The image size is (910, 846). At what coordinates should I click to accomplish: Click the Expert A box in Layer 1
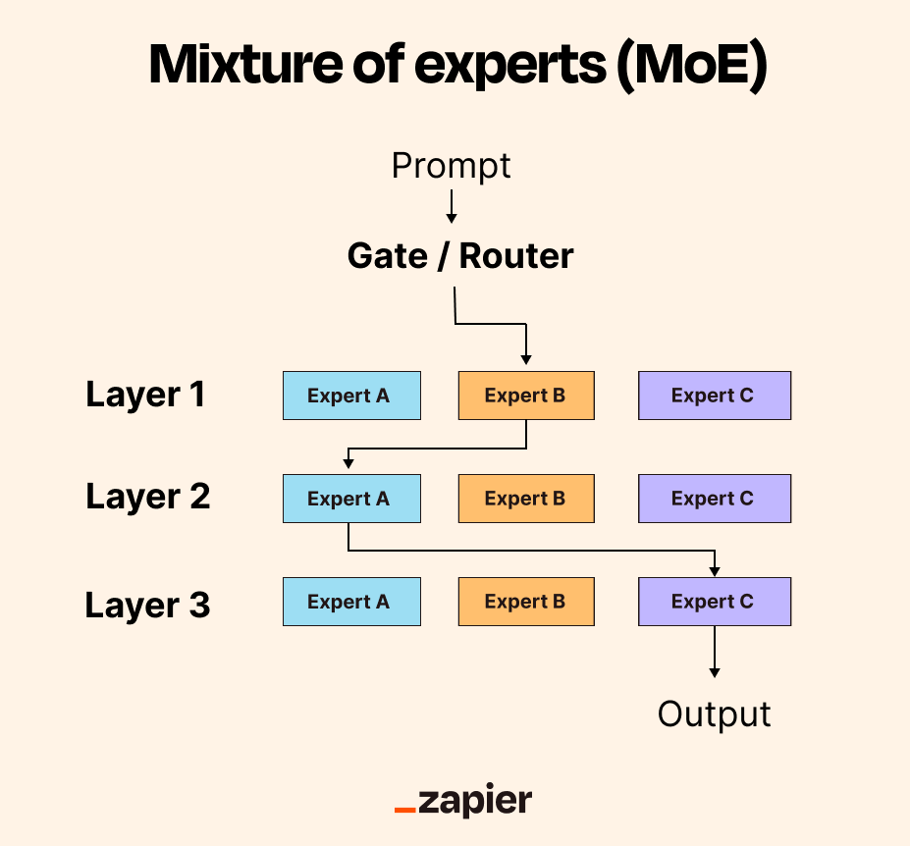click(x=351, y=396)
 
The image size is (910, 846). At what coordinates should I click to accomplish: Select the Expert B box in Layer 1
click(x=526, y=396)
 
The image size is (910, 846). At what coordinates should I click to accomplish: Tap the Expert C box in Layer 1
click(x=715, y=396)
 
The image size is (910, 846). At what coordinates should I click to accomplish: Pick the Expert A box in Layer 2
click(x=351, y=499)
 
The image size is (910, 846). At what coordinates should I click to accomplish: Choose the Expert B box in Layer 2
click(x=526, y=499)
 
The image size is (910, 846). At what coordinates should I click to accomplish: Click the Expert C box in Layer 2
click(x=715, y=499)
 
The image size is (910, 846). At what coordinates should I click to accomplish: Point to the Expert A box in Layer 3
click(x=351, y=602)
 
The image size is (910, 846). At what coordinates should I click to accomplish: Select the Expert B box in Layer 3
click(x=526, y=602)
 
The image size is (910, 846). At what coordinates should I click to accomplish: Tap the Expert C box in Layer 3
click(x=715, y=602)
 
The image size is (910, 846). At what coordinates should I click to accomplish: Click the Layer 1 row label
click(x=145, y=396)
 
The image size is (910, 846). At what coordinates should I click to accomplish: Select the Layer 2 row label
click(x=147, y=498)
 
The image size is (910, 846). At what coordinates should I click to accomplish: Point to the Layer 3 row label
click(x=147, y=606)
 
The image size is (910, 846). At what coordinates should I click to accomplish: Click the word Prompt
click(x=451, y=167)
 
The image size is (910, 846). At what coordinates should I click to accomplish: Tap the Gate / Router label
click(x=460, y=256)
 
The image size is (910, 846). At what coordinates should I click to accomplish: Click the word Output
click(x=714, y=714)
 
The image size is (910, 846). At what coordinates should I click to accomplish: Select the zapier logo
click(x=463, y=800)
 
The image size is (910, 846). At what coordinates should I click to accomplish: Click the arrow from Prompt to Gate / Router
click(x=452, y=206)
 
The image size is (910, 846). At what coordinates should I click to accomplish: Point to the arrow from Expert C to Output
click(x=715, y=652)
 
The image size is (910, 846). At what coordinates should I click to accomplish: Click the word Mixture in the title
click(x=245, y=64)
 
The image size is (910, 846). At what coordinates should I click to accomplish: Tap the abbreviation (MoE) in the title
click(x=692, y=66)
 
